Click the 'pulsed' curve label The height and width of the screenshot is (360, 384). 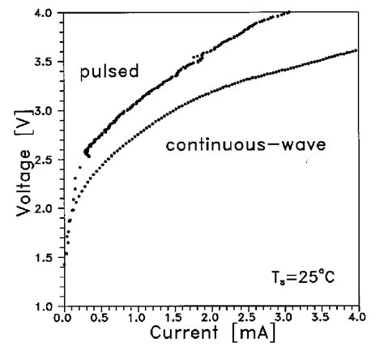click(109, 73)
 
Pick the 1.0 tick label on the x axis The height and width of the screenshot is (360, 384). click(139, 318)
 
